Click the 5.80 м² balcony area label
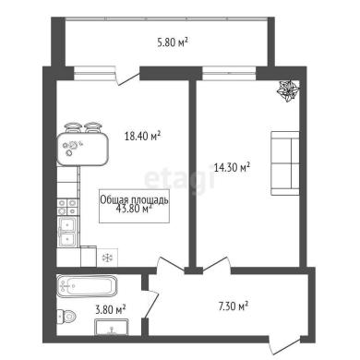pyautogui.click(x=173, y=42)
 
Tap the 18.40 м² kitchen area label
pyautogui.click(x=143, y=136)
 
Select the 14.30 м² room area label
pyautogui.click(x=232, y=167)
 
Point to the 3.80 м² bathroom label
pyautogui.click(x=111, y=308)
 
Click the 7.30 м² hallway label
pyautogui.click(x=234, y=306)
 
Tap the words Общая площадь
pyautogui.click(x=135, y=200)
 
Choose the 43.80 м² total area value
pyautogui.click(x=134, y=209)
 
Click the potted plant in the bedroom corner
pyautogui.click(x=288, y=90)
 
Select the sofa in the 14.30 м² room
pyautogui.click(x=285, y=163)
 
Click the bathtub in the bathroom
pyautogui.click(x=87, y=286)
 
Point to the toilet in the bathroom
pyautogui.click(x=66, y=316)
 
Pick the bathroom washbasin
pyautogui.click(x=112, y=327)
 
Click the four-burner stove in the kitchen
pyautogui.click(x=67, y=207)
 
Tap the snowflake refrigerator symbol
pyautogui.click(x=107, y=258)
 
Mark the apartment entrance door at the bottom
pyautogui.click(x=284, y=346)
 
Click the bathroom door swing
pyautogui.click(x=152, y=305)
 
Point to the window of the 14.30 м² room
pyautogui.click(x=229, y=74)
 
